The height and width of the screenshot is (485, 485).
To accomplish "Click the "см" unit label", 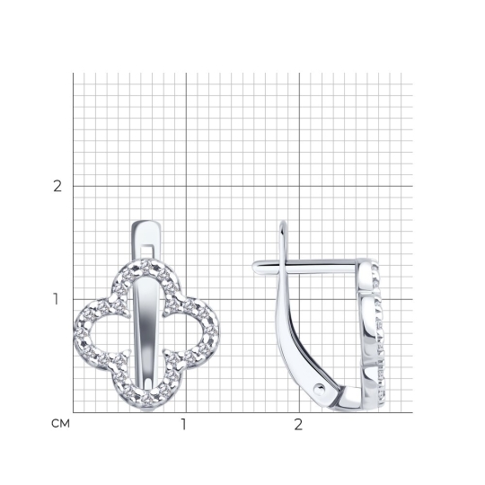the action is coord(61,423).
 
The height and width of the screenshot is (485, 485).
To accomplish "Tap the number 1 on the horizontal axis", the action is coord(184,424).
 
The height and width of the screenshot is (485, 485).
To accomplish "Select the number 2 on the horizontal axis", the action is coord(298,424).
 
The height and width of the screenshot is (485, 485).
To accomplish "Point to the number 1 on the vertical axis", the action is coord(56,299).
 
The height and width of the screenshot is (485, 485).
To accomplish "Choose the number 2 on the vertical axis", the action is coord(57,186).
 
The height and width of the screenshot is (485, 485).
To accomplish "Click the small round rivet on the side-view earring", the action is coord(320,389).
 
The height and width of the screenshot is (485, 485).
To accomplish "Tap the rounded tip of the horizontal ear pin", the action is coord(254,267).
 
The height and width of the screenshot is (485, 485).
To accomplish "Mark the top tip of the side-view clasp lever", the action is coord(283,222).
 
